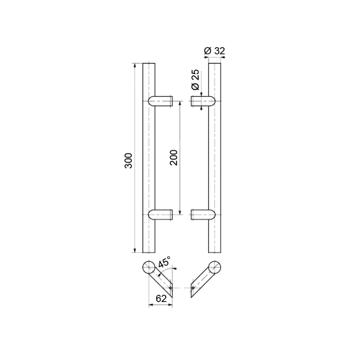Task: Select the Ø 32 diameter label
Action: click(214, 51)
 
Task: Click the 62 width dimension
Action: click(161, 298)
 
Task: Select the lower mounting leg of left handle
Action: click(161, 215)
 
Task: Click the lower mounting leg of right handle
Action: click(202, 215)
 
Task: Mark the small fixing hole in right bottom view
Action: click(193, 288)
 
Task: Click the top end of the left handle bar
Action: click(149, 64)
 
